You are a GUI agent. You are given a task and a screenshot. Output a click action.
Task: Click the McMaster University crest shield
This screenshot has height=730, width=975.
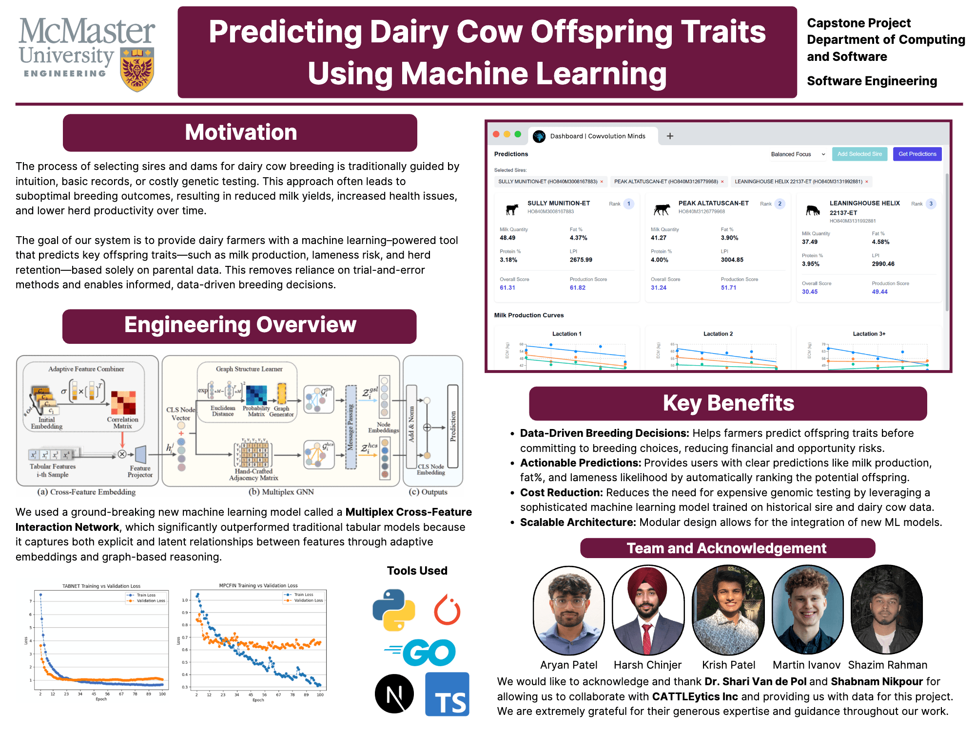[137, 70]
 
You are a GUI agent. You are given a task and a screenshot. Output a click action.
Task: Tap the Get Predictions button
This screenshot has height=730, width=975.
[917, 154]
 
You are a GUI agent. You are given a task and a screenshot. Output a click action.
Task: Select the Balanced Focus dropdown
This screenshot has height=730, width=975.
[798, 154]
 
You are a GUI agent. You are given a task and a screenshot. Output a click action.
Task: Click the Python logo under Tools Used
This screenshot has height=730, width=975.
[393, 610]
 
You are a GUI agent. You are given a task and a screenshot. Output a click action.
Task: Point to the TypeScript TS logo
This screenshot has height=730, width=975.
[447, 694]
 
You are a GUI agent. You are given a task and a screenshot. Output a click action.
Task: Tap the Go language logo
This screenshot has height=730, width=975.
[422, 652]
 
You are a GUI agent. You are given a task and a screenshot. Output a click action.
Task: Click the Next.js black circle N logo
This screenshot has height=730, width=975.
[394, 693]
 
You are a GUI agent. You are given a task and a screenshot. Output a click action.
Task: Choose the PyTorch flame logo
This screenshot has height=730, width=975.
[447, 610]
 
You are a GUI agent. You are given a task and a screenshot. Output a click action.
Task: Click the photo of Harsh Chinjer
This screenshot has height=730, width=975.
[648, 610]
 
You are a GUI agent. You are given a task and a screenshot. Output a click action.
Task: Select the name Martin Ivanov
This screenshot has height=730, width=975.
[806, 665]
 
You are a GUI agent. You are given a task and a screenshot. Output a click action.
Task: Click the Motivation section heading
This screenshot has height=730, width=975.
[240, 132]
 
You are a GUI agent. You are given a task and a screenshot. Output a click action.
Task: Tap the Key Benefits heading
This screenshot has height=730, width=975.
[728, 403]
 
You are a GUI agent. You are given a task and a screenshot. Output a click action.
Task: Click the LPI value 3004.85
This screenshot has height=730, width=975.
[732, 260]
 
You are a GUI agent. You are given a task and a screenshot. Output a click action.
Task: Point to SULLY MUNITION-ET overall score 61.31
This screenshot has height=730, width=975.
[507, 288]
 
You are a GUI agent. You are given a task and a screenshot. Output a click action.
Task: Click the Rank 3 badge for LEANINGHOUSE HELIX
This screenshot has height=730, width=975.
[931, 204]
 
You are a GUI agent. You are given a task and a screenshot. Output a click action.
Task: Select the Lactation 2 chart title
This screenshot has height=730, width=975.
[718, 334]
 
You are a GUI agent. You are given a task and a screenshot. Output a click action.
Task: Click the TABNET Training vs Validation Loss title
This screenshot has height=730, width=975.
[101, 586]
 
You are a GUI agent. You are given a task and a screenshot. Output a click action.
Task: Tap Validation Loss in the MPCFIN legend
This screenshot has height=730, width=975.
[308, 600]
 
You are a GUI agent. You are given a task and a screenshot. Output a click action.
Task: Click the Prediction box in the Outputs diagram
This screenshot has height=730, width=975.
[453, 426]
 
